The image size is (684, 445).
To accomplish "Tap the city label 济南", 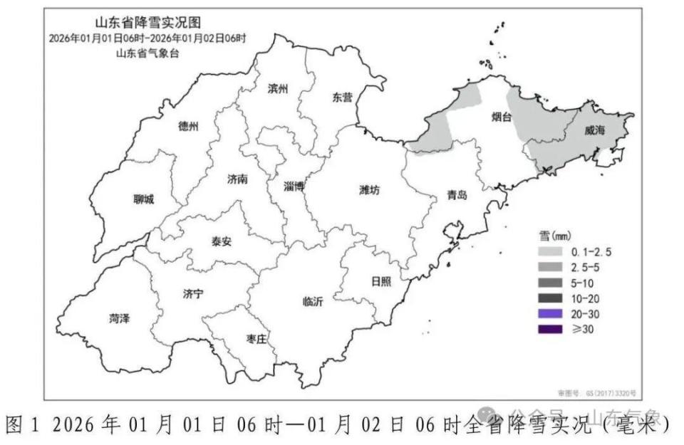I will click(x=237, y=179).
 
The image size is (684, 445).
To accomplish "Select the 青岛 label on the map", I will click(x=457, y=194).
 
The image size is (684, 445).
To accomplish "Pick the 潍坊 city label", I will click(x=370, y=189).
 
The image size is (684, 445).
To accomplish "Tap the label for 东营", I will click(x=342, y=98).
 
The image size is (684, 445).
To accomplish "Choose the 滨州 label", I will click(x=278, y=89).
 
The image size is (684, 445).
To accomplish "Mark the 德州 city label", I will click(x=189, y=127).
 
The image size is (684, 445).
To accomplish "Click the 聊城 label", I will click(x=143, y=199).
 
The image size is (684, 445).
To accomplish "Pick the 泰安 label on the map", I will click(x=221, y=241).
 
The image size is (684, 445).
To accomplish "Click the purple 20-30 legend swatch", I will click(x=549, y=313).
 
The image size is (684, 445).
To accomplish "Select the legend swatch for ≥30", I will click(x=549, y=328).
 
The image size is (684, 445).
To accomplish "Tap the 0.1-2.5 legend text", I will click(x=591, y=251).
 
